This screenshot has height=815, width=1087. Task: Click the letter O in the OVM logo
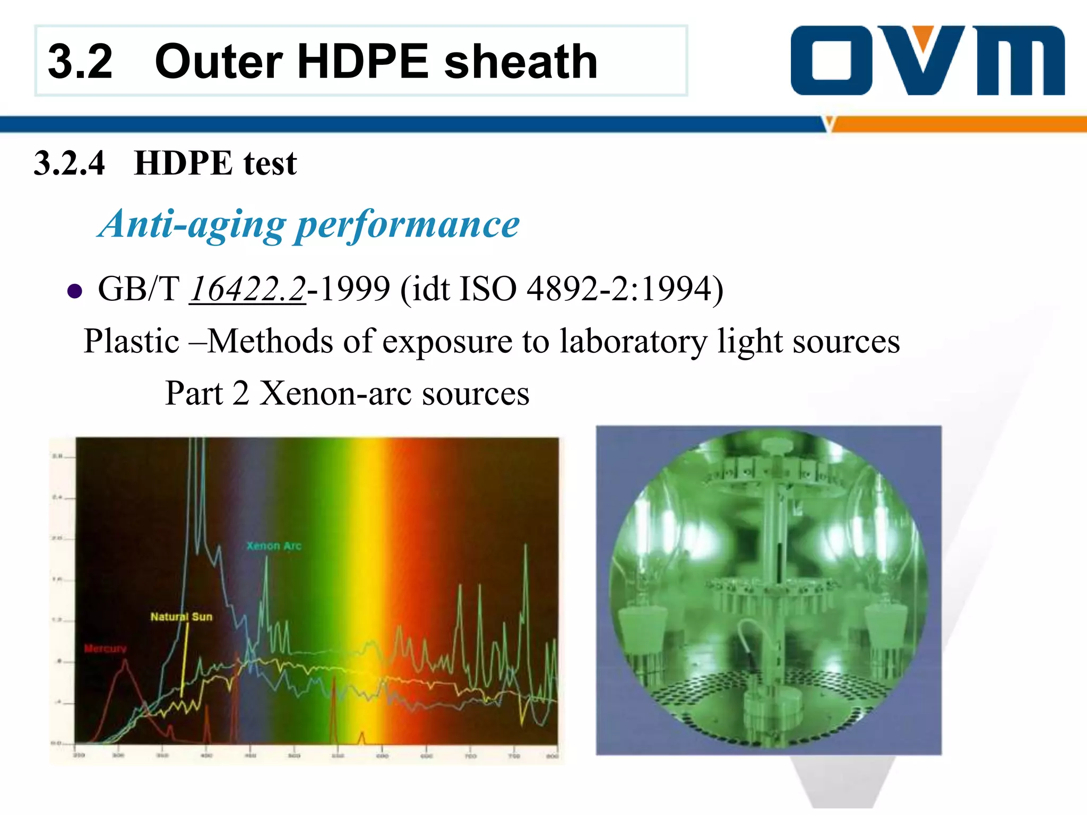coord(831,60)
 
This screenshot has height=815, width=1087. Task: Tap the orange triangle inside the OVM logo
coord(924,37)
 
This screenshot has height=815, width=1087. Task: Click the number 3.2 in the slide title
coord(80,62)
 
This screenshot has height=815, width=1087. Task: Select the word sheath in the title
coord(521,62)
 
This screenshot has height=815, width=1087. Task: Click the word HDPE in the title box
coord(363,62)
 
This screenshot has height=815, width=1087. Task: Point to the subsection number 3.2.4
coord(70,163)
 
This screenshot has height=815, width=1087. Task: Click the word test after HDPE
coord(270,163)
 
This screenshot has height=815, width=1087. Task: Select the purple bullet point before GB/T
coord(75,291)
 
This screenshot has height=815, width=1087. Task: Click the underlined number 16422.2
coord(248,289)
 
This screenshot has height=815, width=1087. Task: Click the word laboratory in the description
coord(633,341)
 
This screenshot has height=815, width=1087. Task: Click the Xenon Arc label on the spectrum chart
coord(274,546)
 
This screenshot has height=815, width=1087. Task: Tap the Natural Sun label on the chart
coord(181,617)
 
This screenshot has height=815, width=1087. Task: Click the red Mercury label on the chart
coord(106,648)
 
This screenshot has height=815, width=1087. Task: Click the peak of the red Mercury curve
coord(125,661)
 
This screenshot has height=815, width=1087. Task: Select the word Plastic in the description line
coord(131,341)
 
